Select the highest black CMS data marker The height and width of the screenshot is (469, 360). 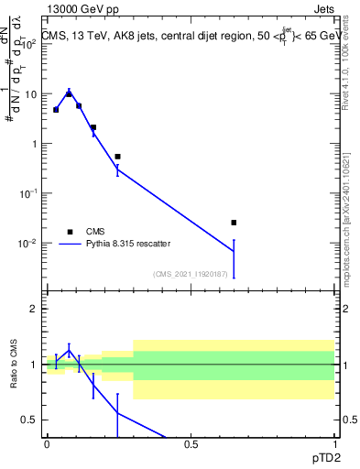(x=69, y=94)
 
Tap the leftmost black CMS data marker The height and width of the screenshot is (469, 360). (x=56, y=110)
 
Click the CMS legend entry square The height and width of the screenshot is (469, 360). (x=70, y=232)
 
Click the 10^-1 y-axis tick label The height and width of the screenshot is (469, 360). (x=29, y=193)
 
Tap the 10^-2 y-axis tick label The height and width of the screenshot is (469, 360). (x=29, y=243)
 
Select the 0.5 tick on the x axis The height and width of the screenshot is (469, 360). (x=191, y=444)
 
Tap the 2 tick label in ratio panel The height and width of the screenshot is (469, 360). (x=34, y=309)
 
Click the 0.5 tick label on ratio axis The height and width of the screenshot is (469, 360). (x=29, y=420)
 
